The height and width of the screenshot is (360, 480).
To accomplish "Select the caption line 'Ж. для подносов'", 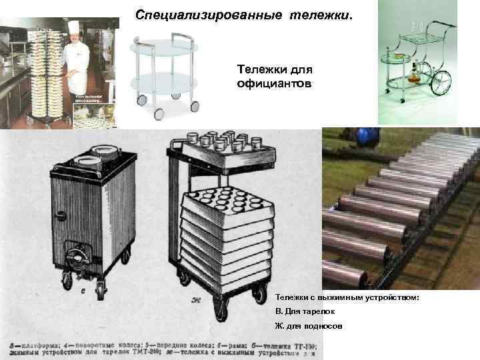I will pos(309,326).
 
